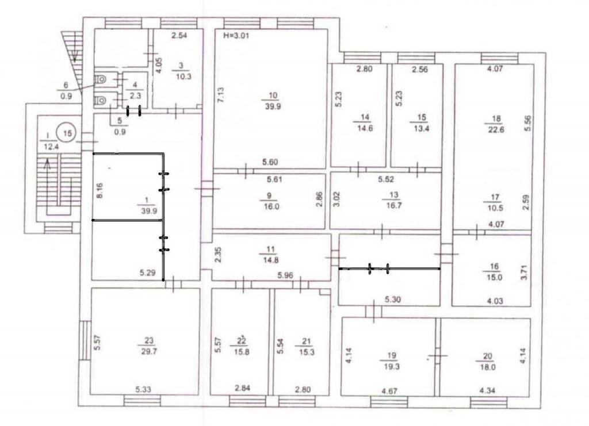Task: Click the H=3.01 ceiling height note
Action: tap(236, 36)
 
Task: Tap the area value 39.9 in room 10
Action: tap(273, 106)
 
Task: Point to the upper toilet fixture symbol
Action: tap(101, 79)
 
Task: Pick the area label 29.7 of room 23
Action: tap(149, 351)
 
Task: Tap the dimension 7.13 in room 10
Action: tap(221, 95)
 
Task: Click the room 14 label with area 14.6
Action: tap(364, 122)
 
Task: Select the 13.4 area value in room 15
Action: tap(421, 128)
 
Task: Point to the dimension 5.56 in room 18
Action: tap(528, 123)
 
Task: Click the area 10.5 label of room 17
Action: tap(495, 208)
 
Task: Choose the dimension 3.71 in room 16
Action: tap(525, 272)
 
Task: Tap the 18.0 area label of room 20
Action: tap(487, 367)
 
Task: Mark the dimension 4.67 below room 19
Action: tap(389, 391)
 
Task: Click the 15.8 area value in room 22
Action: tap(241, 352)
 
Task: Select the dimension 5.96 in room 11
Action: tap(285, 275)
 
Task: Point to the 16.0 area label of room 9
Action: tap(271, 206)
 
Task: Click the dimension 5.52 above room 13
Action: tap(386, 179)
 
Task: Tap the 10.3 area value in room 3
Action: tap(183, 76)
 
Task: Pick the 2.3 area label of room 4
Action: tap(135, 95)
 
